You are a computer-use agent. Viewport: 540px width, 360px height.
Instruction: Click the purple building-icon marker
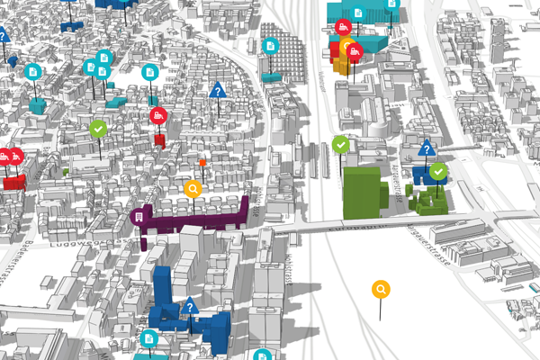tap(138, 216)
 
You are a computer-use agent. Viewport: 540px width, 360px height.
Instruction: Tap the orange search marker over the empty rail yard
tap(381, 289)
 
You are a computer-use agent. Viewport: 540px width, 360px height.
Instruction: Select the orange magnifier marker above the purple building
tap(192, 189)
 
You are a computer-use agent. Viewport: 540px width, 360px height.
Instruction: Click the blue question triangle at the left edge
tap(4, 36)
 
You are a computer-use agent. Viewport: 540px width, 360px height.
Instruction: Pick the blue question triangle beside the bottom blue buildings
tap(189, 307)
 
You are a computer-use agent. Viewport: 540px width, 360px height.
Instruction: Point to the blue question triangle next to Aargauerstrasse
tap(426, 149)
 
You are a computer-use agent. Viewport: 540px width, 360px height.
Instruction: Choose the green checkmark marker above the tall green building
tap(340, 144)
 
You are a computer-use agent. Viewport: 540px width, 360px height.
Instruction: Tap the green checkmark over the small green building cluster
tap(437, 171)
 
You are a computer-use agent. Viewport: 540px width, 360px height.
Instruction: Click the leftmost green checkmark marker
tap(97, 130)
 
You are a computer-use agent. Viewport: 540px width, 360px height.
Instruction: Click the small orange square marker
tap(203, 163)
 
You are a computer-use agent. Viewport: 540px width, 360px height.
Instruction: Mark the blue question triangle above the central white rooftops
tap(217, 91)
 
